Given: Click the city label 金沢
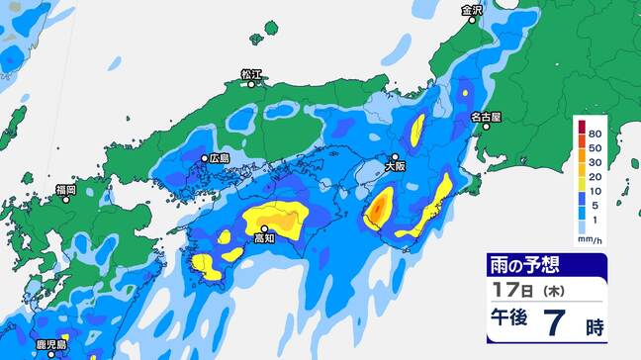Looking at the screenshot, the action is [x=472, y=11].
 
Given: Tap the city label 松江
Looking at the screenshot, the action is [x=252, y=74].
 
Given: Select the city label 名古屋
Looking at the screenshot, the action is [x=486, y=117].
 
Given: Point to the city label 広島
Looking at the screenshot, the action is [x=219, y=158].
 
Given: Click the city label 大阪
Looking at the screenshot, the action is [x=395, y=167].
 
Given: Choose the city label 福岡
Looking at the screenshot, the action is [x=66, y=188].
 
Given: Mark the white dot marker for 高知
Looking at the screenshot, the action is [x=264, y=228].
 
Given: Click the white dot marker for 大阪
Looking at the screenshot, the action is [x=395, y=157].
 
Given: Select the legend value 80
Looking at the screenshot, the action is [x=595, y=133].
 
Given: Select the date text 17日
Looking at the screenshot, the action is [x=513, y=292].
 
